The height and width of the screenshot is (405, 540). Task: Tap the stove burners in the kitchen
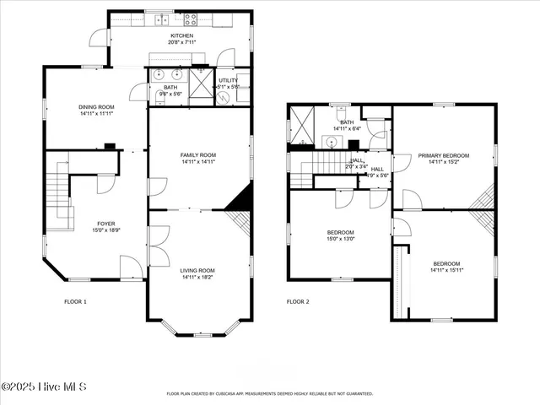coord(187,18)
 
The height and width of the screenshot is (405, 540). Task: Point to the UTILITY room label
coord(228,80)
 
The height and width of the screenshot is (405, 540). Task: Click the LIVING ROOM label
coord(198,270)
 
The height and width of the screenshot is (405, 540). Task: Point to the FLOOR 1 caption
coord(75,301)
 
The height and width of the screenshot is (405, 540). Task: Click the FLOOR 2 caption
coord(298,301)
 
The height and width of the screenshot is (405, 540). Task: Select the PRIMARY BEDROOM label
coord(443,155)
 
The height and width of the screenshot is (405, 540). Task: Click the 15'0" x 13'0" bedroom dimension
coord(341,239)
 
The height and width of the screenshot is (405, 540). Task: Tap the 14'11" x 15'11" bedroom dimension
coord(447,269)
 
